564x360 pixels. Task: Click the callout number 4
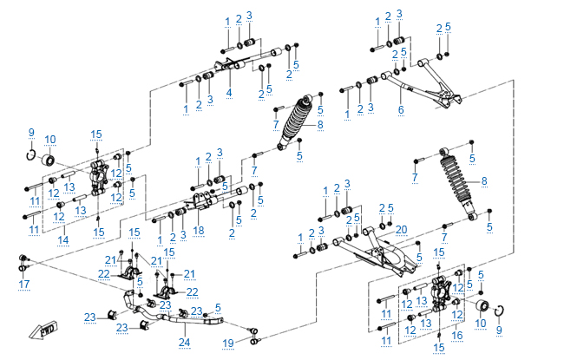pyautogui.click(x=229, y=92)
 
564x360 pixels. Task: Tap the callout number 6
pyautogui.click(x=401, y=110)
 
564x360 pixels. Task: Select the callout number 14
pyautogui.click(x=63, y=239)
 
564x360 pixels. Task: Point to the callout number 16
pyautogui.click(x=457, y=334)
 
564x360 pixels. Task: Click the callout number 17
pyautogui.click(x=23, y=284)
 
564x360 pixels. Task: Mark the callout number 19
pyautogui.click(x=228, y=344)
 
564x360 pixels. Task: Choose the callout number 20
pyautogui.click(x=401, y=229)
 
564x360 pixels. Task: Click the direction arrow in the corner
pyautogui.click(x=41, y=331)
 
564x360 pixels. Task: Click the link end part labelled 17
pyautogui.click(x=23, y=260)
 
